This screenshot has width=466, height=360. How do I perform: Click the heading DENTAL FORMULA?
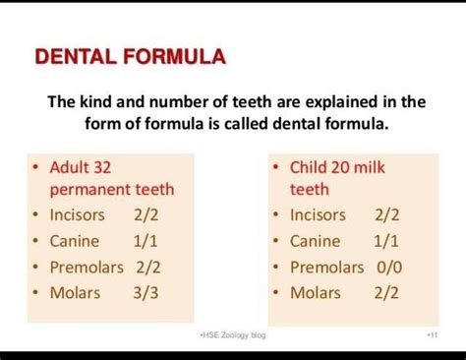(130, 56)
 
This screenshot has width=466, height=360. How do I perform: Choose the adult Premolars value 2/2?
(147, 267)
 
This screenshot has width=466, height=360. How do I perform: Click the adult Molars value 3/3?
(147, 292)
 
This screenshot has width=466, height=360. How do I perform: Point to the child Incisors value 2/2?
(387, 215)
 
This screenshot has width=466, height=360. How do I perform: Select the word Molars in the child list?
(317, 292)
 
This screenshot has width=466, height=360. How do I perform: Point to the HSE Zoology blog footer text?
(232, 336)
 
